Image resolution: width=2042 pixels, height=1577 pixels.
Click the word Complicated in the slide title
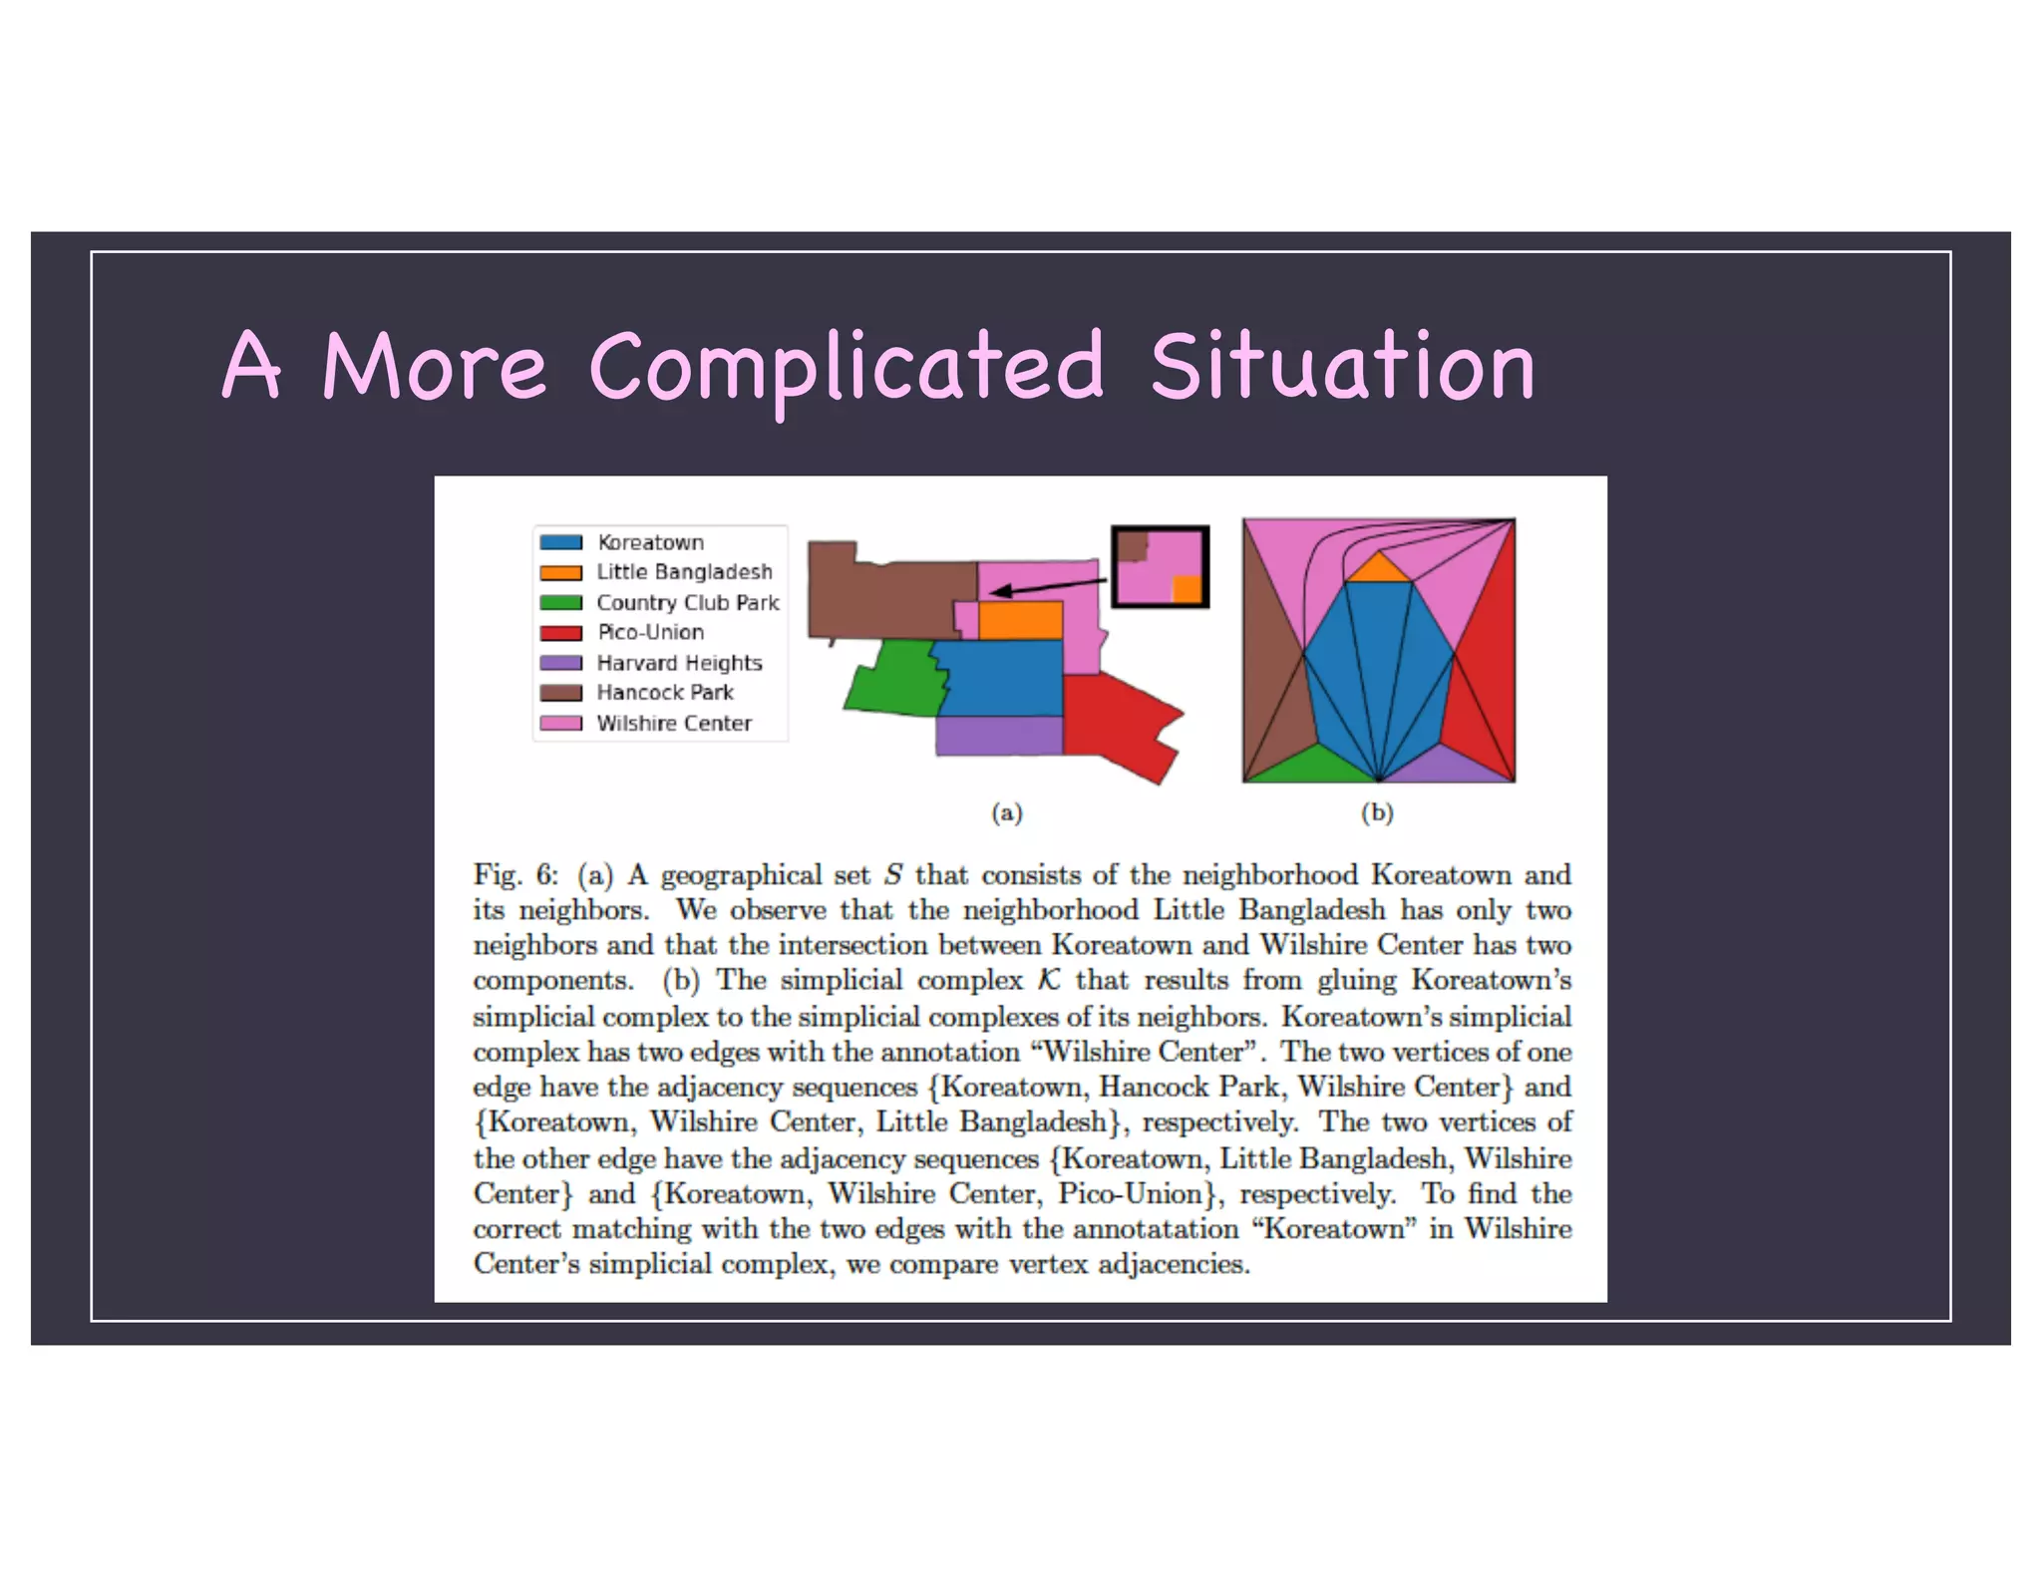pyautogui.click(x=847, y=367)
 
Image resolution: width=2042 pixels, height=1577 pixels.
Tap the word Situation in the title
pyautogui.click(x=1342, y=367)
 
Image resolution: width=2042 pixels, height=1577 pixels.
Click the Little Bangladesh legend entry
pyautogui.click(x=684, y=572)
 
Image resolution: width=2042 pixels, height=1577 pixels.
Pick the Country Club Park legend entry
pyautogui.click(x=687, y=602)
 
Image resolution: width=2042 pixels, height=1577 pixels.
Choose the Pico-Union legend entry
pyautogui.click(x=650, y=632)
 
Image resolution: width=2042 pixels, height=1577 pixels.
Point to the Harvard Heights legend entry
pyautogui.click(x=679, y=663)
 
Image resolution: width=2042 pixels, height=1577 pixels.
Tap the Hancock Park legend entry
pyautogui.click(x=664, y=693)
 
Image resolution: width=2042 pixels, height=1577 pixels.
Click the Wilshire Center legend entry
pyautogui.click(x=674, y=723)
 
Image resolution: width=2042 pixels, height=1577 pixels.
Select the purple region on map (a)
pyautogui.click(x=998, y=736)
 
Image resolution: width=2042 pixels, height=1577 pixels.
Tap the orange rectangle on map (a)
pyautogui.click(x=1020, y=620)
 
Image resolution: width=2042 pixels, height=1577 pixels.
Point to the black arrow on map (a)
pyautogui.click(x=1047, y=586)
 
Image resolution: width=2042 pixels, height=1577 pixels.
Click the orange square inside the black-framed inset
pyautogui.click(x=1187, y=588)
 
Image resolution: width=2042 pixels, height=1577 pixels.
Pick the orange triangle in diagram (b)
pyautogui.click(x=1378, y=570)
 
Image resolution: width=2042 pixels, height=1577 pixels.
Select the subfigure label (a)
pyautogui.click(x=1007, y=813)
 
